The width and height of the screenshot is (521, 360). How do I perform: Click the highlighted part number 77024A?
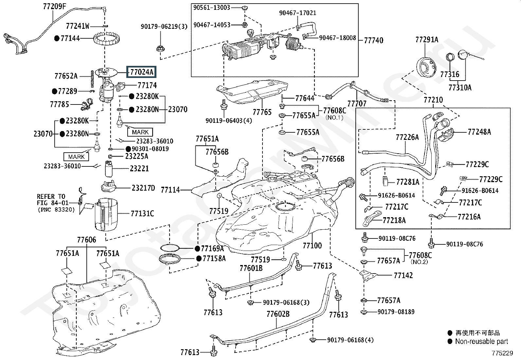tap(142, 72)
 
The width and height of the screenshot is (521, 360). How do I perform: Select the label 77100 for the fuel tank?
tap(312, 245)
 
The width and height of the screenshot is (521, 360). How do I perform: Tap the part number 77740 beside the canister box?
tap(373, 40)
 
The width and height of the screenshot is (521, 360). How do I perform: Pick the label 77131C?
tap(142, 214)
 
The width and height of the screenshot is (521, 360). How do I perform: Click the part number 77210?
tap(433, 100)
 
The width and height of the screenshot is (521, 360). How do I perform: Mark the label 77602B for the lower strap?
tap(278, 314)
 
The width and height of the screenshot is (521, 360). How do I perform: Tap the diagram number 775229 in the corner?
tap(502, 354)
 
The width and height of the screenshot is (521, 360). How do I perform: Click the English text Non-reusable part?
tap(481, 341)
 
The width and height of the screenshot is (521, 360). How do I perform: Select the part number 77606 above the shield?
tap(87, 240)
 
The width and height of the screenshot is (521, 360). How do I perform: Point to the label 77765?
tap(262, 112)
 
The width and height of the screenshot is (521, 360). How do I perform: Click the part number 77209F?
tap(54, 6)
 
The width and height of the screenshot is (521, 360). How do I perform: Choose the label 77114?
tap(170, 190)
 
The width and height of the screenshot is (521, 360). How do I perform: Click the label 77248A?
tap(479, 132)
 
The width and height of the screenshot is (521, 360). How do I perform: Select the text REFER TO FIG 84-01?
tap(51, 199)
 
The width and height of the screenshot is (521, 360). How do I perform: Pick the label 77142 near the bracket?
tap(403, 275)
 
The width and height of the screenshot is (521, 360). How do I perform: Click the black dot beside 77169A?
tap(198, 248)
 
